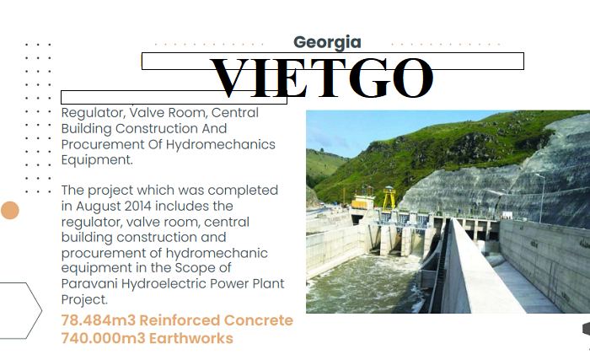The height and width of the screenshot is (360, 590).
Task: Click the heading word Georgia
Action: (x=327, y=42)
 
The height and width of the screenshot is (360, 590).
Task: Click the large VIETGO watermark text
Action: (x=321, y=78)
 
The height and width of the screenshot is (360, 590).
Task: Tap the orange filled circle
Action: (x=10, y=210)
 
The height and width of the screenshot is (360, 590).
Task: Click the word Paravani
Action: (x=89, y=283)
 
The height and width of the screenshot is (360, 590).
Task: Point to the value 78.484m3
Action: (x=99, y=320)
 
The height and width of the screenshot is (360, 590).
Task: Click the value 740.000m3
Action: (x=103, y=338)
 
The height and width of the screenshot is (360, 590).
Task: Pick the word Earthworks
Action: (x=191, y=338)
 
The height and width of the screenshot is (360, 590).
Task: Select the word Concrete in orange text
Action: (x=259, y=320)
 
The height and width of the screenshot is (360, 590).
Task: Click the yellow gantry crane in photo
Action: (x=389, y=197)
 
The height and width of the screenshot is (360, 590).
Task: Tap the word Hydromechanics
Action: (x=221, y=145)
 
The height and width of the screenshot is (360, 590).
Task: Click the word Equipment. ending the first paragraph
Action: (x=97, y=160)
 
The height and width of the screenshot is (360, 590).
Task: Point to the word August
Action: (x=99, y=207)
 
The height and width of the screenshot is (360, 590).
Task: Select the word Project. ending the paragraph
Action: (x=84, y=300)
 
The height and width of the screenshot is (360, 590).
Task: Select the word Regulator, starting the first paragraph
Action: (x=93, y=113)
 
